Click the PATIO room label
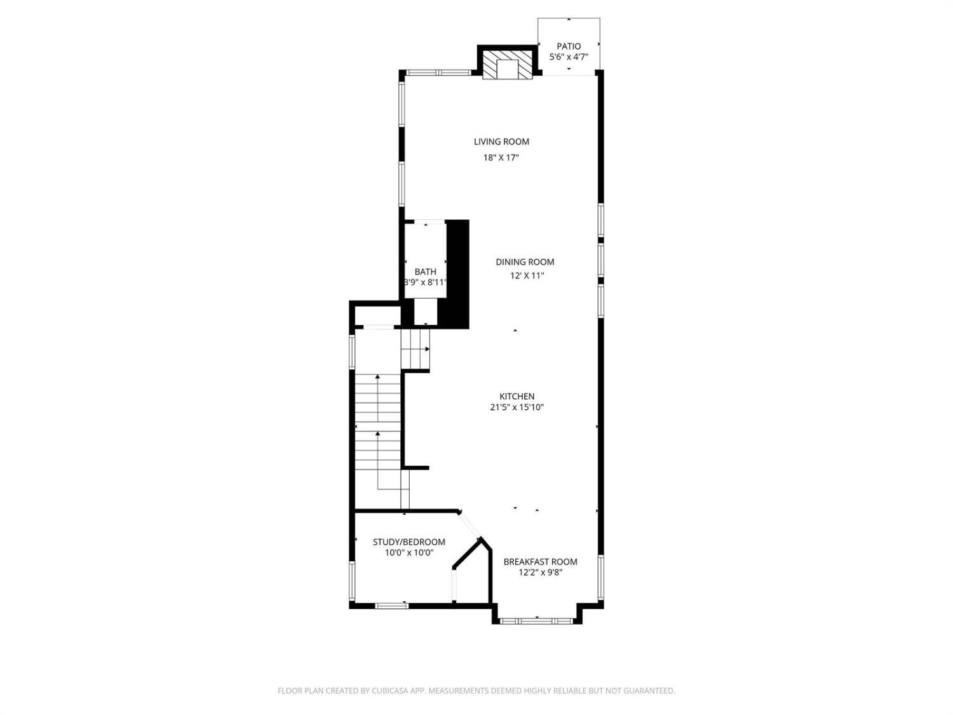coord(569,46)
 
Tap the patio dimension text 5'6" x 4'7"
coord(569,57)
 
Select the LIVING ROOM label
coord(501,142)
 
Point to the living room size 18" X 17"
coord(501,158)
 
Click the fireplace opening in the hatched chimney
coord(508,69)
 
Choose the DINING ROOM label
coord(525,262)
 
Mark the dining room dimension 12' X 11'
coord(527,276)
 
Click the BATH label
coord(426,272)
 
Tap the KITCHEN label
coord(517,397)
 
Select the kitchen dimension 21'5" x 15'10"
coord(517,407)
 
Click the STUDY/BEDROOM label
coord(409,542)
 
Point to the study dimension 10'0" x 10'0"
coord(409,553)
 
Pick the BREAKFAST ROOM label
coord(541,562)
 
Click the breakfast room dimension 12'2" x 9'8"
coord(541,573)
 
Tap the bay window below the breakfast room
coord(537,621)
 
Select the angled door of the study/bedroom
coord(470,526)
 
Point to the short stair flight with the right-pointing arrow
coord(416,349)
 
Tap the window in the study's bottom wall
coord(391,606)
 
